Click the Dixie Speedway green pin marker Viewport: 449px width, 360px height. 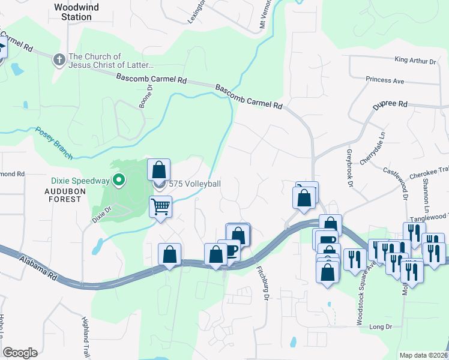point(119,178)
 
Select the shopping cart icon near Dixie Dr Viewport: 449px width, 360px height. point(160,206)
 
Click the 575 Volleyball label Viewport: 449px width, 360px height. point(195,184)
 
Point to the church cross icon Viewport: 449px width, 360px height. point(59,60)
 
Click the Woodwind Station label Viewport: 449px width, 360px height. point(76,12)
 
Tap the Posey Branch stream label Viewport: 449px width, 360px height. point(53,143)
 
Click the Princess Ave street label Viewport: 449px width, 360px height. point(385,80)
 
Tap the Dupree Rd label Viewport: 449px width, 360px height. point(390,104)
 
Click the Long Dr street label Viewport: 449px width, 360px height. point(381,327)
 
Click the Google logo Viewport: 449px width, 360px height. point(20,353)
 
